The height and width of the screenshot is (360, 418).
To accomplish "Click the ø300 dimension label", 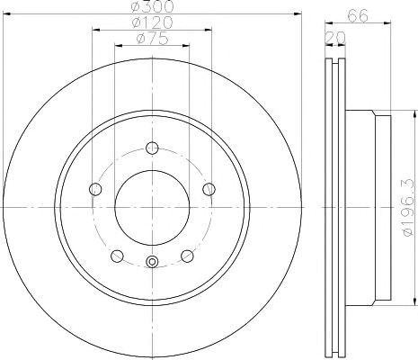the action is click(153, 6).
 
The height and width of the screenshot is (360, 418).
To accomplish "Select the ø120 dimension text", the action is click(153, 22).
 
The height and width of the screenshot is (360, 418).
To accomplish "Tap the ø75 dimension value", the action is click(153, 39).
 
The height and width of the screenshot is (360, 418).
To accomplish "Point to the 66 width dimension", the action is click(358, 15).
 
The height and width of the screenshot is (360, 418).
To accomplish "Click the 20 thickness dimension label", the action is click(335, 38).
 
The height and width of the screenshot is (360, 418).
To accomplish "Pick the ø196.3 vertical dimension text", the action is click(409, 207).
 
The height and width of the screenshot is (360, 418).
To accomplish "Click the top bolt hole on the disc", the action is click(152, 148).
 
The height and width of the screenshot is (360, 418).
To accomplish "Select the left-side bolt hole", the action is click(95, 189).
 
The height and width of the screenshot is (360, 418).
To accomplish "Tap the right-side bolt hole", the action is click(209, 189).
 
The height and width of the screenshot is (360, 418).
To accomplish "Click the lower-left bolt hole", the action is click(117, 256).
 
